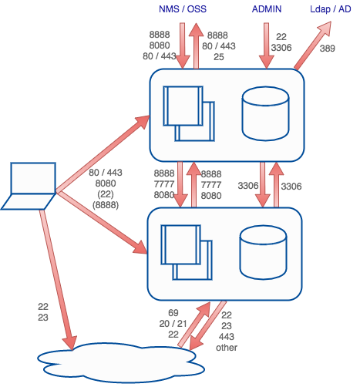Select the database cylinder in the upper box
(x=261, y=109)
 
